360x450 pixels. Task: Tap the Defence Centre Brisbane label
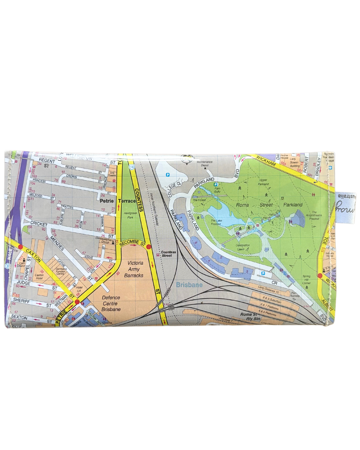point(111,303)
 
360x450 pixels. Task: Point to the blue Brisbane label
point(189,285)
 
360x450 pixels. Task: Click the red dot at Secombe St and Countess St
point(149,247)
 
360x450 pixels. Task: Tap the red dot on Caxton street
point(20,247)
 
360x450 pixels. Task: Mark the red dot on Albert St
point(320,276)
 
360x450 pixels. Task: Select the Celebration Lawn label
point(242,247)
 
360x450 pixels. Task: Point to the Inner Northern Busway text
point(154,209)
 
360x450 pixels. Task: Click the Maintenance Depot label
point(204,163)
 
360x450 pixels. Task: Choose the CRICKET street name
point(39,224)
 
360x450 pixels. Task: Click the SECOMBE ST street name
point(132,243)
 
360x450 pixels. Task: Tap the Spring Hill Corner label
point(306,279)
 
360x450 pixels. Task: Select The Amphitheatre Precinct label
point(314,216)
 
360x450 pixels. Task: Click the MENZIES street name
point(57,241)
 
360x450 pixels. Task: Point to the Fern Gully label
point(217,190)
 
